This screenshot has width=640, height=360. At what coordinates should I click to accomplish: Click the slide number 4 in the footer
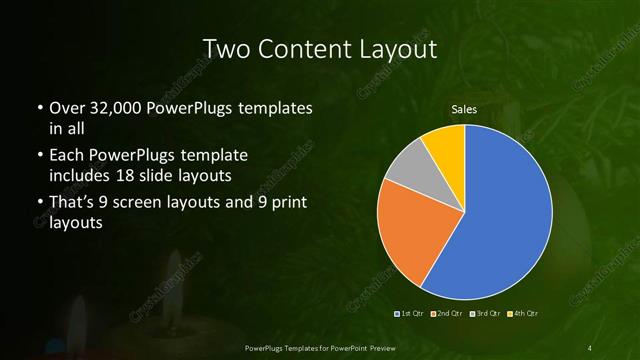click(x=591, y=347)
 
